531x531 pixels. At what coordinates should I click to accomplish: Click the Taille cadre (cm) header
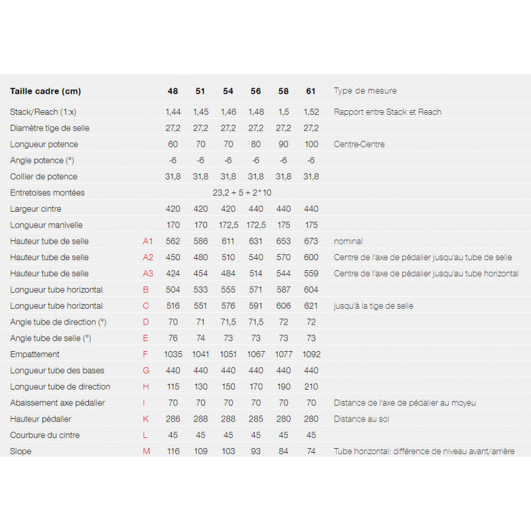45,91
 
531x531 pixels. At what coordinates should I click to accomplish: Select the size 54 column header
228,91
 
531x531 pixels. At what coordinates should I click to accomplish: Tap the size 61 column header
311,91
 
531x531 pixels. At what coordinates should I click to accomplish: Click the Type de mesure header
365,91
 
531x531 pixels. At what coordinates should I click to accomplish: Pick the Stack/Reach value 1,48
256,112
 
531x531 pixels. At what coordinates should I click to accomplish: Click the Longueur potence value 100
311,144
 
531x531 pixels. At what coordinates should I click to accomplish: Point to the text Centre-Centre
359,144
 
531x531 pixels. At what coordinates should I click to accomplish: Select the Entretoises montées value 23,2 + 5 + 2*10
242,192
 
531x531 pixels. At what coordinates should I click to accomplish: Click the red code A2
148,258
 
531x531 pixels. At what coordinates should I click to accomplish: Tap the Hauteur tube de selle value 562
173,241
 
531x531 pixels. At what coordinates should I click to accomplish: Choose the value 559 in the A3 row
311,273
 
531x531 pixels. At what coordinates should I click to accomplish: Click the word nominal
348,241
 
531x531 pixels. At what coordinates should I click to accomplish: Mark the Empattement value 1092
311,354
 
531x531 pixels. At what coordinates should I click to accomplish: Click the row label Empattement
35,354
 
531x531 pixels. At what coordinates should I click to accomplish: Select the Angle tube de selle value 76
173,338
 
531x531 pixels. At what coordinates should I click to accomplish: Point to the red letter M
147,451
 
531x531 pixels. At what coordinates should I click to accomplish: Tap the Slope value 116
173,451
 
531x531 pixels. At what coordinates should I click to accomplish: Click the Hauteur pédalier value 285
256,419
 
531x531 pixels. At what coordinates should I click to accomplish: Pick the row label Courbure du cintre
46,435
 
